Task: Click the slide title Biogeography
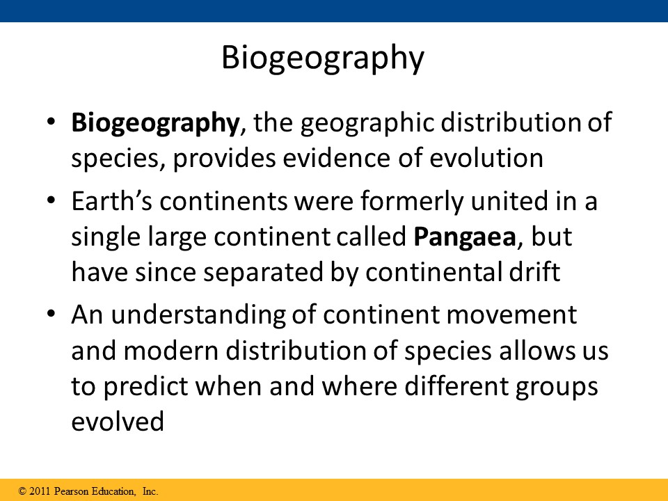(323, 58)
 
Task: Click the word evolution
(486, 158)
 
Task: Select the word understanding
(198, 316)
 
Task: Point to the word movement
(511, 316)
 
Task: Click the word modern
(171, 351)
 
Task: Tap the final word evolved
(118, 422)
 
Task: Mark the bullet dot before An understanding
(51, 314)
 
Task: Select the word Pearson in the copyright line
(72, 491)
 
